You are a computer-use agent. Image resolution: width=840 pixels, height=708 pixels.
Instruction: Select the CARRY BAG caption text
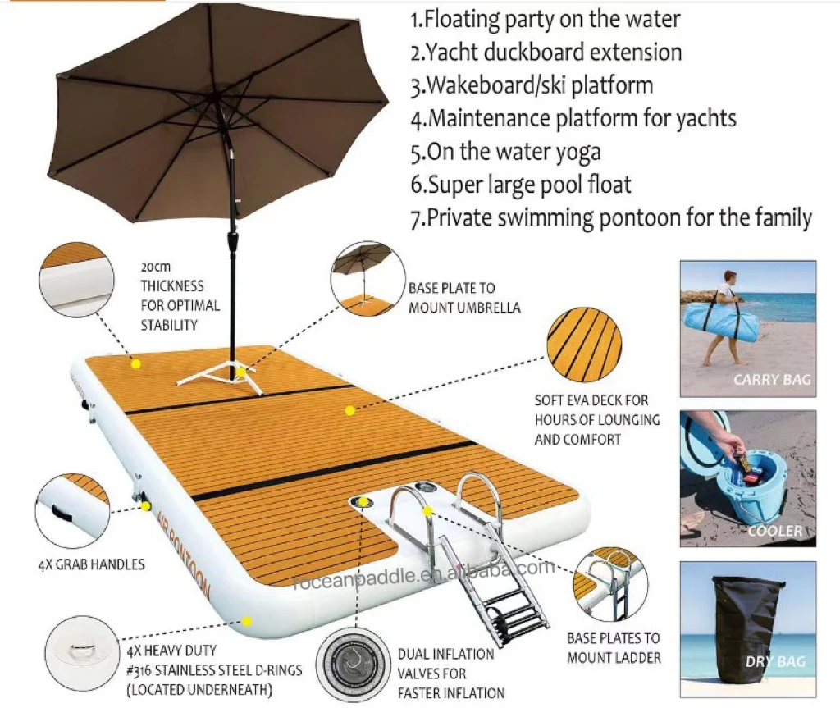[x=772, y=380]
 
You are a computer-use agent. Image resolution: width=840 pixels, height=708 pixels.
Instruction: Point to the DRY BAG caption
[x=775, y=662]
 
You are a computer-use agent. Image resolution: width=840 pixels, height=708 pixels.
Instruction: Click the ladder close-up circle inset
[x=610, y=584]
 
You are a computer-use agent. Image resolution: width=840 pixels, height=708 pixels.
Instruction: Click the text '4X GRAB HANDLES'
[x=92, y=564]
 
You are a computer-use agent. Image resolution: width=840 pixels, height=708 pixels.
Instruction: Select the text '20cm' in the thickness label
[x=156, y=267]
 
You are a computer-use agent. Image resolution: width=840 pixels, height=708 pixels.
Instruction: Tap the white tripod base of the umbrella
[x=221, y=375]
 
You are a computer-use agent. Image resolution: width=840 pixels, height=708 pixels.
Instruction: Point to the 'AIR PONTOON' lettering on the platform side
[x=184, y=552]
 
